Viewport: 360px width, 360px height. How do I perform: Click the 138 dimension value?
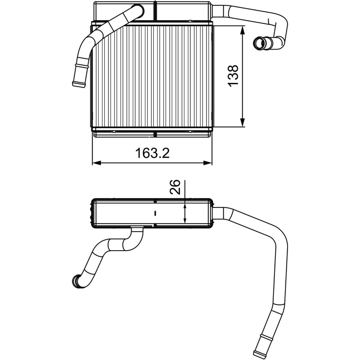pos(233,76)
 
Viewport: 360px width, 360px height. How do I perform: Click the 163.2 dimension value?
pos(153,153)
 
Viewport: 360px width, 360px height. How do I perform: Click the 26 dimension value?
pos(175,187)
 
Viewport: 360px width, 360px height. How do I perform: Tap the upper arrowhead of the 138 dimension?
pos(243,30)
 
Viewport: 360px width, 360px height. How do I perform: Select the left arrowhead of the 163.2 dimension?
pos(97,163)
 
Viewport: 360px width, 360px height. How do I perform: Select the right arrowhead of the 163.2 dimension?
pos(207,163)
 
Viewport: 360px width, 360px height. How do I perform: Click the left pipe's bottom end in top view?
pos(79,84)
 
